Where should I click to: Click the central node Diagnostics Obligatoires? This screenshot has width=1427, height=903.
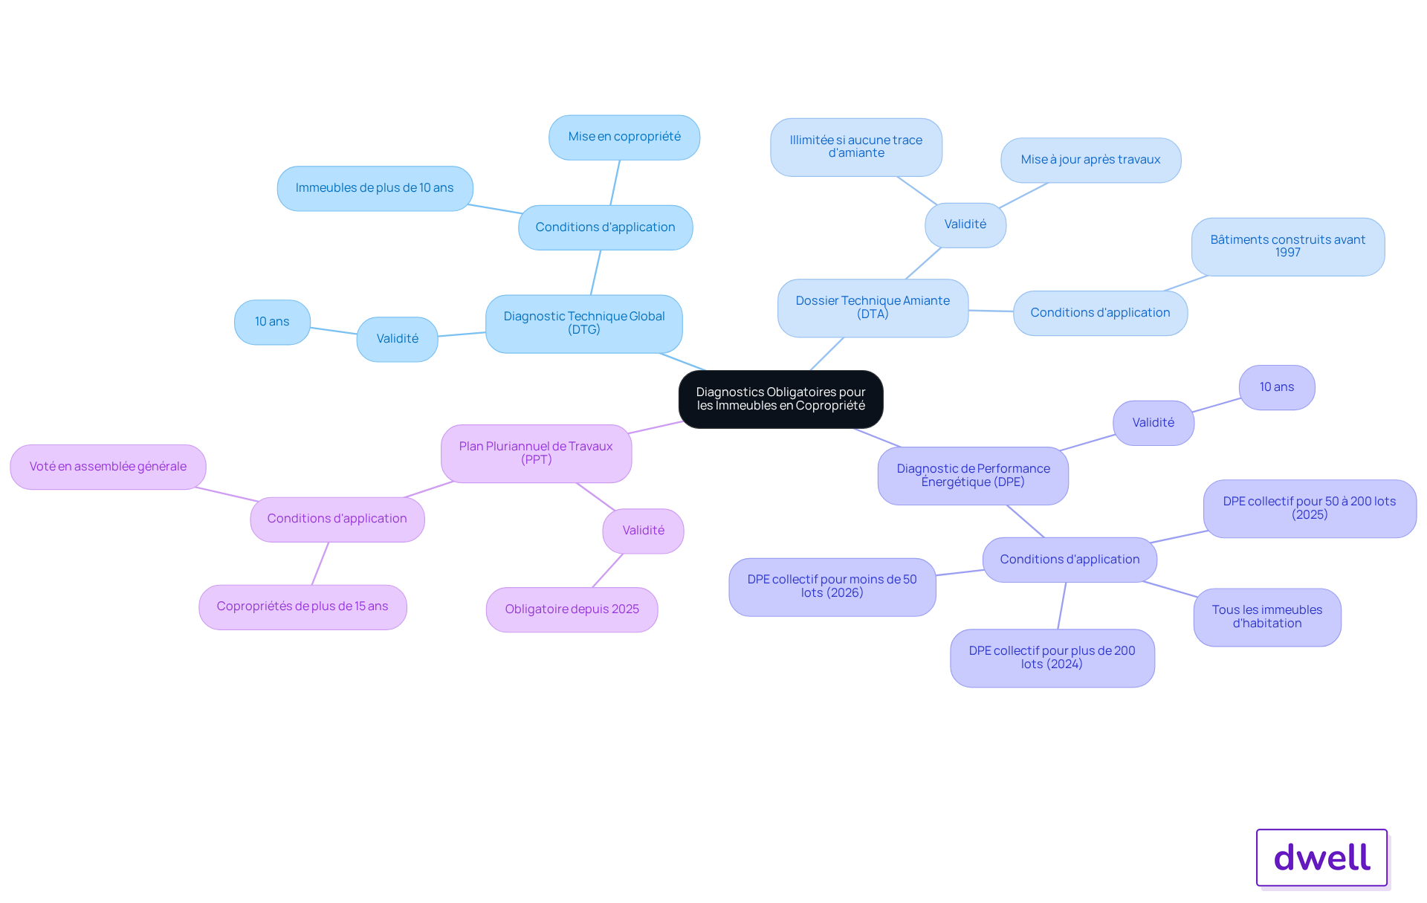coord(780,399)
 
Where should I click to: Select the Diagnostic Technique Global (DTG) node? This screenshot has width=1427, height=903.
coord(584,323)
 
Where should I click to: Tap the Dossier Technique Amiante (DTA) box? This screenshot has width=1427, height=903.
coord(873,308)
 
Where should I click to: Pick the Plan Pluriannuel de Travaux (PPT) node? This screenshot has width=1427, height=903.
coord(536,453)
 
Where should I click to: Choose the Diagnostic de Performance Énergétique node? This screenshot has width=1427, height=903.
coord(973,476)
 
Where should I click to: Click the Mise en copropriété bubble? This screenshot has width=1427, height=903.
coord(624,137)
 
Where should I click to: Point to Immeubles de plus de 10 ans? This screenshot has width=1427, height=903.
coord(375,189)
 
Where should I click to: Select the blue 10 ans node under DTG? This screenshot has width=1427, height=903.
coord(272,323)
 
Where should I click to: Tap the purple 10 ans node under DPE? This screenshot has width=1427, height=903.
coord(1277,387)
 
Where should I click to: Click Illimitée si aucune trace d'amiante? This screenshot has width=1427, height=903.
coord(856,147)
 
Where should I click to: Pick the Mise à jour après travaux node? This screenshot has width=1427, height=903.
coord(1090,160)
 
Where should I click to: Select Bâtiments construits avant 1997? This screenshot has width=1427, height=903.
coord(1288,247)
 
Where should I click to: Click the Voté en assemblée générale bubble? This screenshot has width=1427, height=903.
coord(108,467)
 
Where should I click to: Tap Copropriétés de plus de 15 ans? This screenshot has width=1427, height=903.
coord(302,607)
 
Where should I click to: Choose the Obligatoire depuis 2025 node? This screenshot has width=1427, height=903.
coord(572,609)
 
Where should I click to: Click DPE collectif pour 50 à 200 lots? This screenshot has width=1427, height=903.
coord(1310,508)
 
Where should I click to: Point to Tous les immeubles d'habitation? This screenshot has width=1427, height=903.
coord(1267,617)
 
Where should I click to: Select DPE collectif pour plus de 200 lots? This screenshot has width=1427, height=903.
coord(1052,658)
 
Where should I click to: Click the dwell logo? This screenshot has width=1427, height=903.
coord(1322,858)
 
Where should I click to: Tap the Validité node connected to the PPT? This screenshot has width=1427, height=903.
coord(643,531)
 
